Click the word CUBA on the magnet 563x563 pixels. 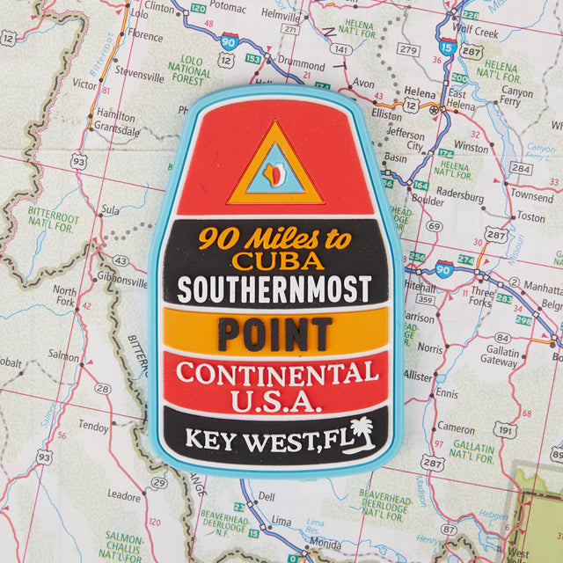click(277, 261)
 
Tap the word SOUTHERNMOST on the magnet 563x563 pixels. click(274, 289)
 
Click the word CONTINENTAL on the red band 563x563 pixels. click(277, 373)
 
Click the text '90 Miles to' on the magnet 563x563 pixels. click(274, 238)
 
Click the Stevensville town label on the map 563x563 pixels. click(139, 77)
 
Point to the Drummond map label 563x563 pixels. click(301, 64)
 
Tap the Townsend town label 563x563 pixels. click(532, 195)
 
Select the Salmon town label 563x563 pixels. click(63, 355)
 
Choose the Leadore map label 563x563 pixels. click(123, 496)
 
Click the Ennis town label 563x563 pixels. click(446, 393)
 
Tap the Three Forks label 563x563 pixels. click(482, 296)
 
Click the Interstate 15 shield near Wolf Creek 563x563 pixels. click(449, 48)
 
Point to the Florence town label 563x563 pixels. click(145, 36)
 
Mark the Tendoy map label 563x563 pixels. click(93, 426)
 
